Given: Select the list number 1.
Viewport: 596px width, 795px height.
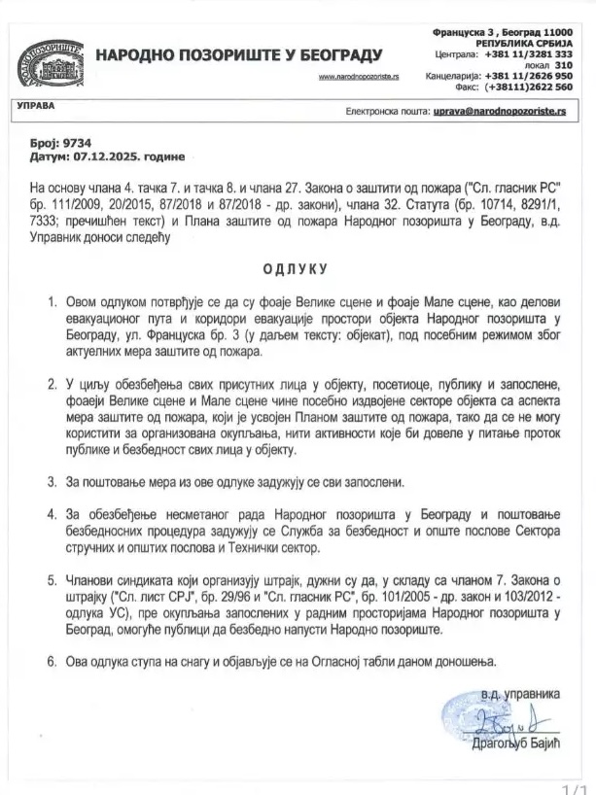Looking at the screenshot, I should (52, 304).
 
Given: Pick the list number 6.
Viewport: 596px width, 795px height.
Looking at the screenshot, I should (52, 661).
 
